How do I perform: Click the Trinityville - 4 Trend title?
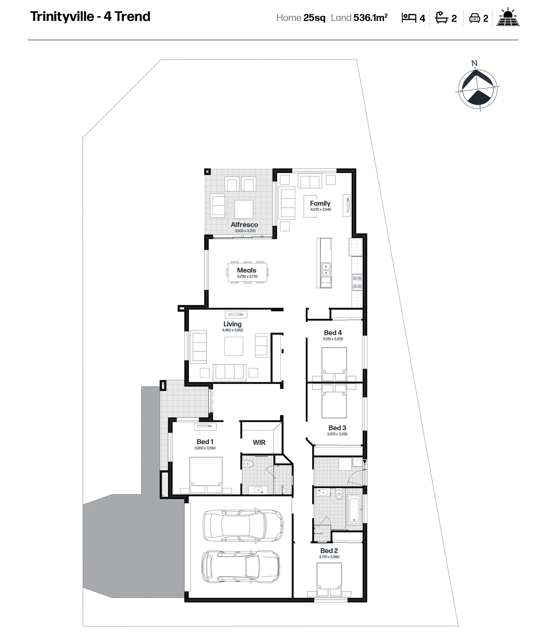point(90,17)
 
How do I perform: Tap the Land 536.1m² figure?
point(359,17)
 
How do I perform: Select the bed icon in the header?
point(409,18)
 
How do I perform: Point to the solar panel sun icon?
point(508,17)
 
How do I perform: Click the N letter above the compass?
point(474,63)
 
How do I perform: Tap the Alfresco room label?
point(244,225)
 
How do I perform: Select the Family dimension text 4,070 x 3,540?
point(321,210)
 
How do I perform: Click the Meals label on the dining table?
point(247,270)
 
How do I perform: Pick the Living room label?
point(232,324)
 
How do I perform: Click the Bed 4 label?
point(333,333)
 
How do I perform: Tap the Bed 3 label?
point(337,428)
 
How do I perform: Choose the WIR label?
point(259,442)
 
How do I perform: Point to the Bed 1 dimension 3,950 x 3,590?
point(205,448)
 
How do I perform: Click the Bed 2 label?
point(329,551)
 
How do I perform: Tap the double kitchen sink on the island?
point(326,269)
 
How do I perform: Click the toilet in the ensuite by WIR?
point(249,464)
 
